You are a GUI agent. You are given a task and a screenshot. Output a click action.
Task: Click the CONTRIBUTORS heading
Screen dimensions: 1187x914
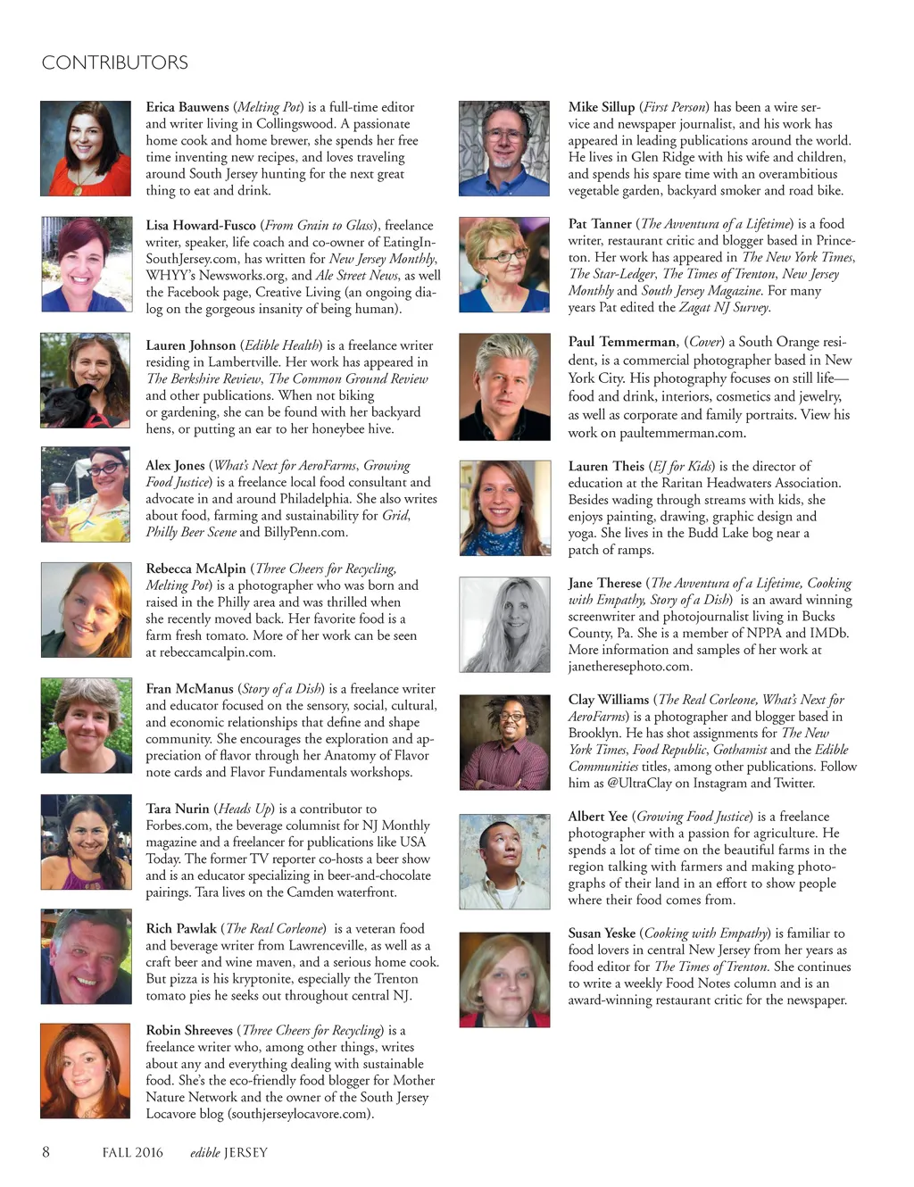click(114, 62)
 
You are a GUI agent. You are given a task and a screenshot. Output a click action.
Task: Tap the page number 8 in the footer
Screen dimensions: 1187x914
click(46, 1151)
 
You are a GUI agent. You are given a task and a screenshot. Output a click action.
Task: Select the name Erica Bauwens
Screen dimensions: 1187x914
click(187, 107)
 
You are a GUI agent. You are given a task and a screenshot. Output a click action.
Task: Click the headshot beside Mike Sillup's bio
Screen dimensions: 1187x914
click(504, 148)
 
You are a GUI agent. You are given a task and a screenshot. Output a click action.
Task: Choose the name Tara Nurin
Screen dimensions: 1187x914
click(178, 809)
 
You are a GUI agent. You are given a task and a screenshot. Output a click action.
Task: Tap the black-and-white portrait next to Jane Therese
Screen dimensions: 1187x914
click(504, 624)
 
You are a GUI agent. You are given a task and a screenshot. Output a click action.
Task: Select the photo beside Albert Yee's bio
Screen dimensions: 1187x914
click(504, 861)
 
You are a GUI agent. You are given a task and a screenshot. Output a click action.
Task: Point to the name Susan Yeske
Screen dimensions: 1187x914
click(602, 934)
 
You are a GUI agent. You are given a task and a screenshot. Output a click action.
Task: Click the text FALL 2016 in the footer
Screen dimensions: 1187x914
click(132, 1152)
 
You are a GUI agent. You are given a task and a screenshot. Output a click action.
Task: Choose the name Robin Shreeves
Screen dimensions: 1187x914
click(189, 1031)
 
